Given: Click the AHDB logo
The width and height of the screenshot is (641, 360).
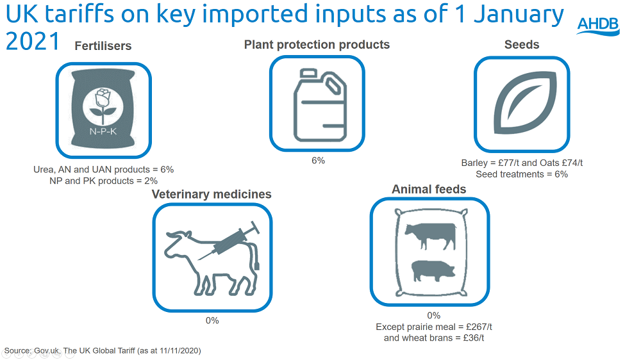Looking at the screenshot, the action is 598,26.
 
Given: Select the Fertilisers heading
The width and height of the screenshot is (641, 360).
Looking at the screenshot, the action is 103,45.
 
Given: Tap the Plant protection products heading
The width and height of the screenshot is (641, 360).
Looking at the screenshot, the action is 317,45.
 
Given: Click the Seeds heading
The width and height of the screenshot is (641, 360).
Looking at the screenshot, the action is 522,45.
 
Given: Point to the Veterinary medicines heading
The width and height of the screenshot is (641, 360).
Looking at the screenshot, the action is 212,194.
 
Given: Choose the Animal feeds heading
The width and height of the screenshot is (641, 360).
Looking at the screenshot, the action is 429,189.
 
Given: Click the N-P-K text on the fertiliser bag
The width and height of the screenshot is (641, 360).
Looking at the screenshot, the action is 103,131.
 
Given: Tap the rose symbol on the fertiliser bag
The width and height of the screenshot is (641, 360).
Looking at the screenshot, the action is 103,106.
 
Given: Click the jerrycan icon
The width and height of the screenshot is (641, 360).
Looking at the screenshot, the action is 320,105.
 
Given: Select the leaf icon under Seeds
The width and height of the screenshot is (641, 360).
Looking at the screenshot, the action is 525,103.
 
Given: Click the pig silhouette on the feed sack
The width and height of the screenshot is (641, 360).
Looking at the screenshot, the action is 433,271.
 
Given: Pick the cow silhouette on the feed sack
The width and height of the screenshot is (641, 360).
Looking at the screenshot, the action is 431,236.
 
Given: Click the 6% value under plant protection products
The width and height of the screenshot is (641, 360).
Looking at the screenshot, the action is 318,161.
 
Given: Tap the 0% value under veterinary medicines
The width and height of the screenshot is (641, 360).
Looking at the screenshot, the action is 212,320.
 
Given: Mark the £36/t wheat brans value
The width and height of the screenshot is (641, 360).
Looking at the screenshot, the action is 474,338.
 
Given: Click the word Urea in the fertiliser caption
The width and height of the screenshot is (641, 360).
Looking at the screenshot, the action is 44,170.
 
